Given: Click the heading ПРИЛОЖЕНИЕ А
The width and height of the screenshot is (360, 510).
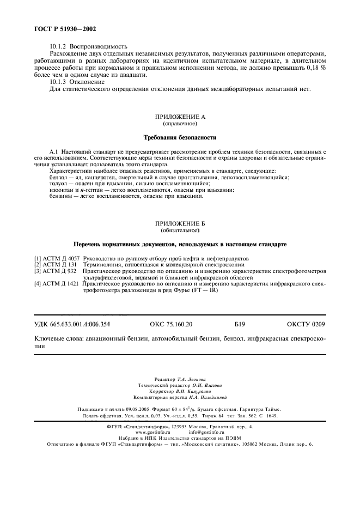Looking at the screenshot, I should [180, 117].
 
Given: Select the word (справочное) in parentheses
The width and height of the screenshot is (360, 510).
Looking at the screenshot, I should [180, 124].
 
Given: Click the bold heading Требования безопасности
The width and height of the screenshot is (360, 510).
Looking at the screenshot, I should [180, 137].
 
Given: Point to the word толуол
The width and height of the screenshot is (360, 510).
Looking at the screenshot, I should [58, 184].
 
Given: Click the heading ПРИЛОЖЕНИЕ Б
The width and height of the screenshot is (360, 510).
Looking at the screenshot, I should [180, 224].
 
